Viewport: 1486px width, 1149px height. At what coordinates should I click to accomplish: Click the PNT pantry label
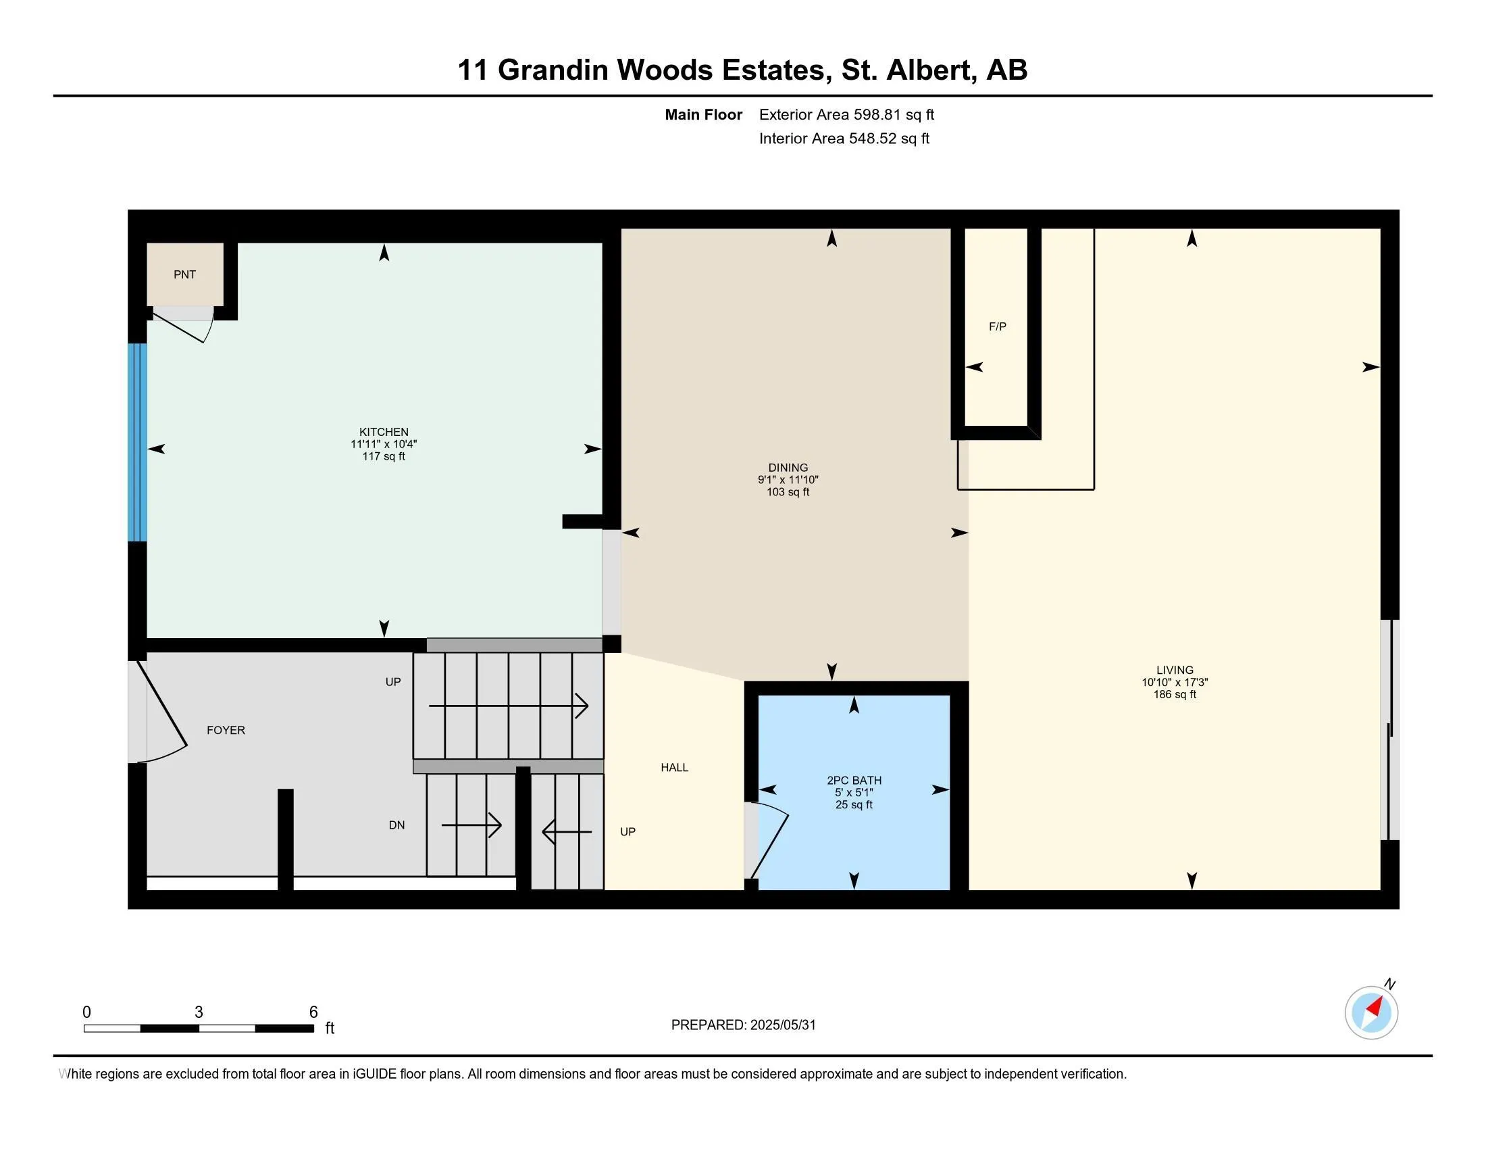pyautogui.click(x=184, y=274)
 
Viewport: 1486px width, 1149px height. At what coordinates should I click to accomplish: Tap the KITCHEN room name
pyautogui.click(x=384, y=432)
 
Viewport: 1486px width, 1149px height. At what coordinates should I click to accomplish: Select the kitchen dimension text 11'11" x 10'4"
pyautogui.click(x=384, y=444)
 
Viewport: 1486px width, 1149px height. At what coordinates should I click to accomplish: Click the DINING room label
pyautogui.click(x=788, y=468)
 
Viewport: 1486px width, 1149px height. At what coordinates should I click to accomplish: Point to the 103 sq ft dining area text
pyautogui.click(x=788, y=492)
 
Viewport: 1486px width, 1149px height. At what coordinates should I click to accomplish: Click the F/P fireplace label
pyautogui.click(x=998, y=326)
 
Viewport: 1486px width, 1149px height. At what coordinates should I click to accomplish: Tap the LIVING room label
pyautogui.click(x=1175, y=670)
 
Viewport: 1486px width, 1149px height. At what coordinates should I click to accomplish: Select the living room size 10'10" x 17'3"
pyautogui.click(x=1175, y=682)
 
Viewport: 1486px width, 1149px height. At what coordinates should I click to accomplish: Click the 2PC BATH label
pyautogui.click(x=854, y=780)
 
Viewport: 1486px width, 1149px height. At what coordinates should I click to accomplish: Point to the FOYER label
pyautogui.click(x=226, y=730)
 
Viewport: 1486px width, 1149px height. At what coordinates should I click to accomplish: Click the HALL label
pyautogui.click(x=674, y=767)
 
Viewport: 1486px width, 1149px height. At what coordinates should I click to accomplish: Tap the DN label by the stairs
pyautogui.click(x=396, y=825)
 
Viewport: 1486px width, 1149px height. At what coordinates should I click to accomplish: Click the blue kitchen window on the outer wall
pyautogui.click(x=138, y=442)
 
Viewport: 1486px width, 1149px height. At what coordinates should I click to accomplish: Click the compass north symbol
pyautogui.click(x=1371, y=1012)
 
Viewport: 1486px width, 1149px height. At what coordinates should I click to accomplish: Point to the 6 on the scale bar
pyautogui.click(x=313, y=1012)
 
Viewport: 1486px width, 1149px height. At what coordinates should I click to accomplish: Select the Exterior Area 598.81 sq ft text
pyautogui.click(x=846, y=114)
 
